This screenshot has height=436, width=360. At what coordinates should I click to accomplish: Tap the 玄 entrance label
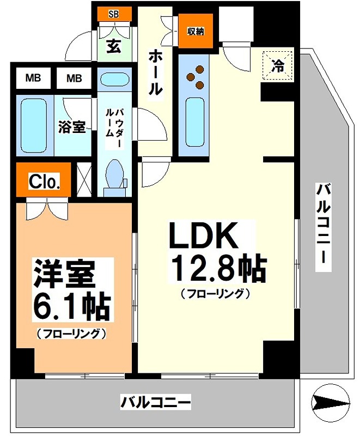[113, 47]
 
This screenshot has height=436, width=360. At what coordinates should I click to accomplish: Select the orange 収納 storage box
[196, 31]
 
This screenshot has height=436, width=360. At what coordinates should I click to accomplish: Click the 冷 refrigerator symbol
[278, 65]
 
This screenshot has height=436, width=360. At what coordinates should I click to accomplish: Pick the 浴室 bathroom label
[72, 127]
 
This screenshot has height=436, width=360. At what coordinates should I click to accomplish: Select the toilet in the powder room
[115, 177]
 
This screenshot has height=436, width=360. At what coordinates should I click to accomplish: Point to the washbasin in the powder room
[114, 80]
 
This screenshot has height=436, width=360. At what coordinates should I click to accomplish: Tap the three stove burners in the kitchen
[197, 77]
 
